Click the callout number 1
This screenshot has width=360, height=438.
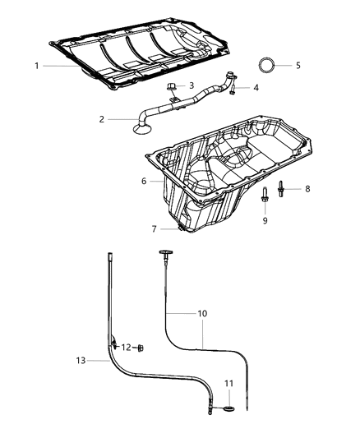point(36,65)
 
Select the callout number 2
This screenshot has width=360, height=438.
point(102,119)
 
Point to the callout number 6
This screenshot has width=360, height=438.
point(143,182)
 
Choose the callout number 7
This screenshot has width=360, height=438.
point(153,228)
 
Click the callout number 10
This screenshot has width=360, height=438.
point(203,313)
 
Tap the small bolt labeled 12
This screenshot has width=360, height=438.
point(140,348)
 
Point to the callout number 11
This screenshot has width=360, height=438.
point(229,383)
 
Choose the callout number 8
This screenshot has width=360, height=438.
point(307,188)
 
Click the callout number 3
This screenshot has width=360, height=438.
point(191,85)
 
